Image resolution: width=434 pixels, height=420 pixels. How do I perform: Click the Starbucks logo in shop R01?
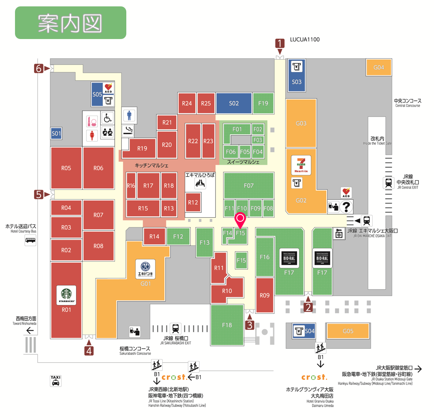pyautogui.click(x=66, y=295)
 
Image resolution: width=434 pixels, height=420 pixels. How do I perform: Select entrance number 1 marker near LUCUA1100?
pyautogui.click(x=280, y=43)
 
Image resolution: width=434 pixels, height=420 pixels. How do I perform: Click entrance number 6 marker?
pyautogui.click(x=39, y=68)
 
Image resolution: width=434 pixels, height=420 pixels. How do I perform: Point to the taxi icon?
pyautogui.click(x=55, y=381)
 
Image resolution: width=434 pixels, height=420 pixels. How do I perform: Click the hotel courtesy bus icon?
pyautogui.click(x=30, y=240)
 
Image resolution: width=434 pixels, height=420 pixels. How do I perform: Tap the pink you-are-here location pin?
pyautogui.click(x=240, y=219)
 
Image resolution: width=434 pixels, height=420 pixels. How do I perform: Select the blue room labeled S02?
pyautogui.click(x=233, y=103)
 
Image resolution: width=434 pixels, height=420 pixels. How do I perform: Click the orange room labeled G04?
pyautogui.click(x=379, y=68)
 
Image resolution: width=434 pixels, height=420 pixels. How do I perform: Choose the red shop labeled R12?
pyautogui.click(x=193, y=203)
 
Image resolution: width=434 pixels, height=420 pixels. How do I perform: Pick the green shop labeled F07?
pyautogui.click(x=248, y=185)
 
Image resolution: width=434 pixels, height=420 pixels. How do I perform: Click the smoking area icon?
pyautogui.click(x=128, y=130)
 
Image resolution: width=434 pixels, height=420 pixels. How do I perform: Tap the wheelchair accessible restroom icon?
pyautogui.click(x=108, y=119)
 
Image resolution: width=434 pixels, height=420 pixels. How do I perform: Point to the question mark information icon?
pyautogui.click(x=346, y=206)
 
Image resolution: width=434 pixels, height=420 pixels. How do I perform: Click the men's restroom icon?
pyautogui.click(x=129, y=115)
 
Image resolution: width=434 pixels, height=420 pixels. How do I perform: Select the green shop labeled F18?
pyautogui.click(x=227, y=325)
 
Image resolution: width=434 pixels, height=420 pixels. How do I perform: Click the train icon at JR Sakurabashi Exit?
pyautogui.click(x=175, y=329)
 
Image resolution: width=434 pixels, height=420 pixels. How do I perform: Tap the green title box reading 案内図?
pyautogui.click(x=70, y=23)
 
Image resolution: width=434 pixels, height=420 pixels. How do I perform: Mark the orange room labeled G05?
pyautogui.click(x=348, y=331)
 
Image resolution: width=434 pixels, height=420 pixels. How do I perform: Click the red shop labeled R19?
pyautogui.click(x=142, y=149)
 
